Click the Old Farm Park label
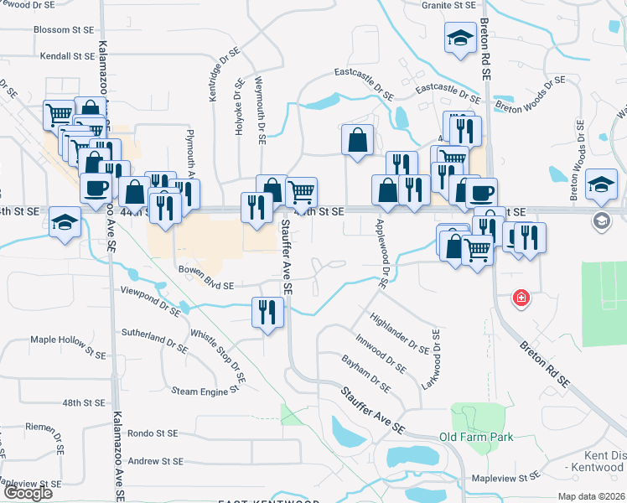tap(476, 437)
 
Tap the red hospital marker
tap(521, 298)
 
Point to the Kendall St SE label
tap(68, 56)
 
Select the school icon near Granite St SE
tap(459, 39)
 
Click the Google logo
tap(28, 493)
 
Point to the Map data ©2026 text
tap(592, 496)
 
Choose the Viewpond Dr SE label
tap(151, 303)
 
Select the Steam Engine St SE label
tap(208, 391)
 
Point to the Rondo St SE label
tap(153, 433)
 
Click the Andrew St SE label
tap(155, 461)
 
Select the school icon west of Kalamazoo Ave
tap(65, 223)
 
